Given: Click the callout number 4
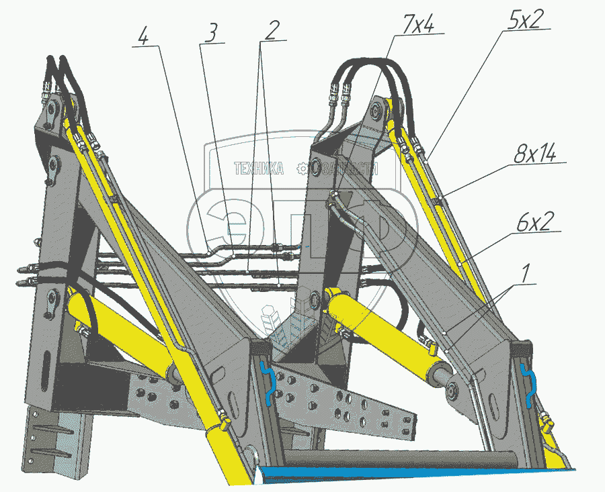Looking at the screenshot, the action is pyautogui.click(x=142, y=36).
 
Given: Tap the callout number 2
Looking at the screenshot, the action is pyautogui.click(x=271, y=30).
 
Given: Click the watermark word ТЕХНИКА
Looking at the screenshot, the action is pyautogui.click(x=258, y=168).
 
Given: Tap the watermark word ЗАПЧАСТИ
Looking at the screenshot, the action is pyautogui.click(x=350, y=168).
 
